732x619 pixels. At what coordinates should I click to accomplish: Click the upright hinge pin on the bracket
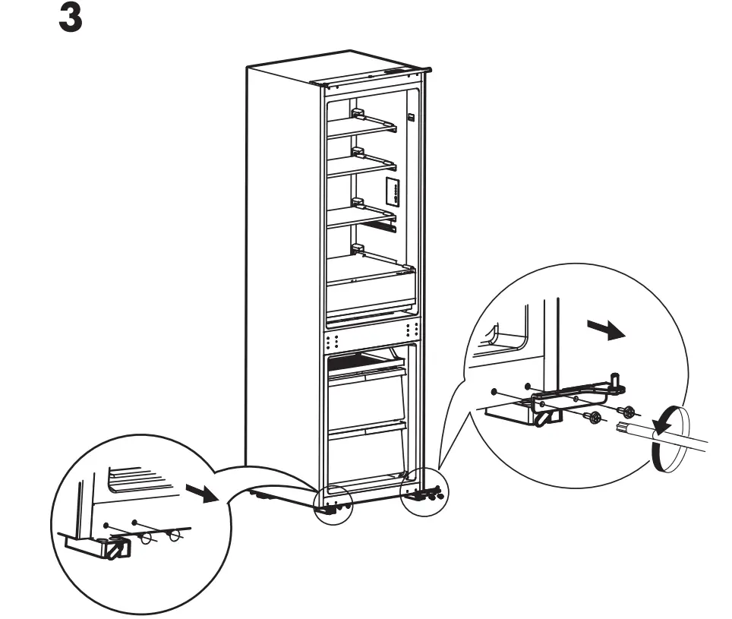point(616,381)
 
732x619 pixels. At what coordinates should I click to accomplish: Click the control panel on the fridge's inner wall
point(393,191)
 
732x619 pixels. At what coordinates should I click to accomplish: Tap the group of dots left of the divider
point(332,334)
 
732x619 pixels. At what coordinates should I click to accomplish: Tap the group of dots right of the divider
point(412,330)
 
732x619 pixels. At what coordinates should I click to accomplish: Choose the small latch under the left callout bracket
point(116,548)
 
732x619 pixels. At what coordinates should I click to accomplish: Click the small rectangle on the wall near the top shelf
point(410,118)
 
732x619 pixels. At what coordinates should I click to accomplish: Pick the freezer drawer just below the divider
point(367,380)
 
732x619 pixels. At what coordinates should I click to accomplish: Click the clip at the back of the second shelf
point(358,153)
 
